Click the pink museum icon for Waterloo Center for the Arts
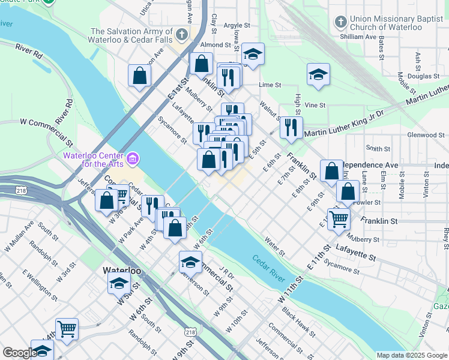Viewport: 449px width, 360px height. pyautogui.click(x=133, y=159)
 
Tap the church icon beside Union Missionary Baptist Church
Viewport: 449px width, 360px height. pyautogui.click(x=340, y=23)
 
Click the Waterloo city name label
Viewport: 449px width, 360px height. pyautogui.click(x=122, y=271)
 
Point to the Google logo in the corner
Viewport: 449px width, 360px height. pyautogui.click(x=19, y=353)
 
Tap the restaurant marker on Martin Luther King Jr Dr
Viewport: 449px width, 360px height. pyautogui.click(x=291, y=127)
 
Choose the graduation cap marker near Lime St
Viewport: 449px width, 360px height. pyautogui.click(x=318, y=74)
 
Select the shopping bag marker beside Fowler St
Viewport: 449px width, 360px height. pyautogui.click(x=348, y=192)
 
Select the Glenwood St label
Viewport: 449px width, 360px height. pyautogui.click(x=425, y=135)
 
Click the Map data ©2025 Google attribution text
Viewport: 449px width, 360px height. pyautogui.click(x=412, y=355)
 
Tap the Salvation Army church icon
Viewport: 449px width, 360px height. pyautogui.click(x=181, y=32)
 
